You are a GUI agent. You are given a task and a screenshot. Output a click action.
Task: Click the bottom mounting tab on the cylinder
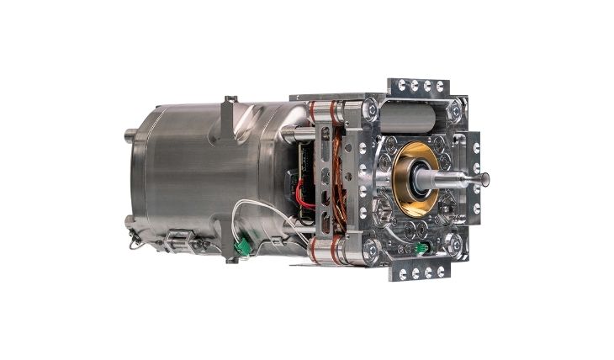click(x=230, y=255)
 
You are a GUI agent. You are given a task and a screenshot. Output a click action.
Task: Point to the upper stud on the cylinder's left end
click(x=130, y=133)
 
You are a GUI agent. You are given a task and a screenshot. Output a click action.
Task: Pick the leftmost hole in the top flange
click(x=402, y=85)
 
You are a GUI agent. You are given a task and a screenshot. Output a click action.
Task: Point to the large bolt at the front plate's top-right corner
click(x=455, y=109)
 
